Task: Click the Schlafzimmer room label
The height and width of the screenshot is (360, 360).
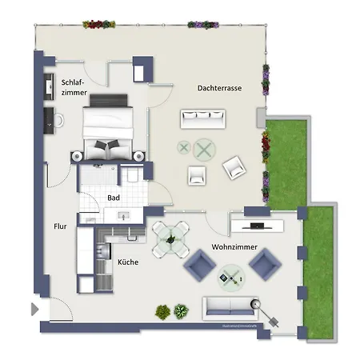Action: point(73,87)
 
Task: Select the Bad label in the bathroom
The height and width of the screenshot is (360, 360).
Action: point(114,198)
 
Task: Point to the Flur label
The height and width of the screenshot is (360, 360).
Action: point(61,226)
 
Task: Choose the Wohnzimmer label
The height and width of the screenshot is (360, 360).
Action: point(234,247)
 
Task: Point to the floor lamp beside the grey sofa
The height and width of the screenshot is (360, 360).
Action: point(258,305)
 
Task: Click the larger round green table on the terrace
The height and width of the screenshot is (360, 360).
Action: point(206,149)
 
